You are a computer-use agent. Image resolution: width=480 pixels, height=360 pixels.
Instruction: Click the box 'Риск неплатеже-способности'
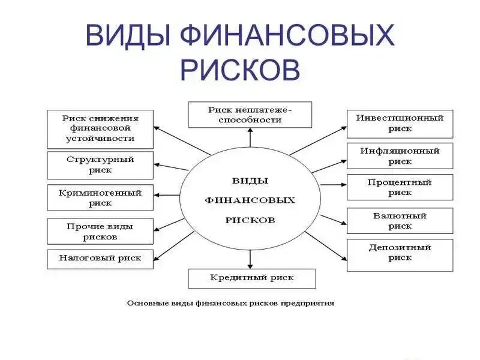point(250,115)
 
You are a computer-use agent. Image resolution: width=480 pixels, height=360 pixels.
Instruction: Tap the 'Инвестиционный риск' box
point(400,124)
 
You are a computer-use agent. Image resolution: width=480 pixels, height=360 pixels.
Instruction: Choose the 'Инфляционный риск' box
point(400,156)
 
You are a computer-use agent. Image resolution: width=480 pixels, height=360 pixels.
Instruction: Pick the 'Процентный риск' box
point(400,187)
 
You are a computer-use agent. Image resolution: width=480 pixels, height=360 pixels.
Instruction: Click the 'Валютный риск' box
point(400,221)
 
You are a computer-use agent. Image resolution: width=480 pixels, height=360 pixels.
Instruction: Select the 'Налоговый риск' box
point(100,259)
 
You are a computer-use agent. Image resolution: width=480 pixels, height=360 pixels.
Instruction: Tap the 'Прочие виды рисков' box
point(100,232)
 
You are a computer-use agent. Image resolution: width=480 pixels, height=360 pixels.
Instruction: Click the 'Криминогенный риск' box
point(100,198)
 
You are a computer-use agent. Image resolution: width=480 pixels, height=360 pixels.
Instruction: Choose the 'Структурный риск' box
point(100,165)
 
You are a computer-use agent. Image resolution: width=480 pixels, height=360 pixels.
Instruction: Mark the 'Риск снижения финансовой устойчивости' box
point(100,128)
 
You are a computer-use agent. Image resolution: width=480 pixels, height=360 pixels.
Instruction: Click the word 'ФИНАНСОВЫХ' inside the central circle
point(250,200)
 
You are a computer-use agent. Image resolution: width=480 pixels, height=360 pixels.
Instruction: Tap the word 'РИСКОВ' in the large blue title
point(240,69)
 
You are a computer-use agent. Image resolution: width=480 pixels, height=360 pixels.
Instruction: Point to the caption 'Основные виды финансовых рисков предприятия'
point(230,304)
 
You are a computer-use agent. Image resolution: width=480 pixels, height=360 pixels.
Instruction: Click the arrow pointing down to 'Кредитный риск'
point(250,259)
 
